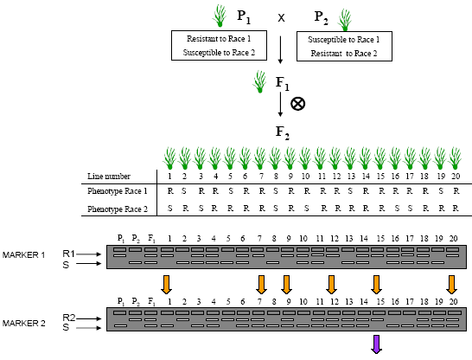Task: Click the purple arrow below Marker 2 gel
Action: pyautogui.click(x=376, y=344)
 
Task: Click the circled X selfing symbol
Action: pyautogui.click(x=297, y=104)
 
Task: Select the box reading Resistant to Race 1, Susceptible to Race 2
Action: pyautogui.click(x=219, y=45)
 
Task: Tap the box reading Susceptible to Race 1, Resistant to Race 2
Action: pyautogui.click(x=344, y=47)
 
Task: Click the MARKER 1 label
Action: pyautogui.click(x=24, y=255)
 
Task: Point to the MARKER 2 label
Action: pyautogui.click(x=24, y=324)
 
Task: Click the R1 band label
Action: pyautogui.click(x=68, y=254)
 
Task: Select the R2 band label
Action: pyautogui.click(x=69, y=318)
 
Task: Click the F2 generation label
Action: pyautogui.click(x=283, y=133)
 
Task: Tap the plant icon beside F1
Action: pyautogui.click(x=259, y=81)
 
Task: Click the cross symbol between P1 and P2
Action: pyautogui.click(x=281, y=18)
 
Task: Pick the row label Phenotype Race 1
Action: pyautogui.click(x=118, y=191)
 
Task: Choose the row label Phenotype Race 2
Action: pyautogui.click(x=118, y=209)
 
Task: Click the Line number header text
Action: pyautogui.click(x=109, y=177)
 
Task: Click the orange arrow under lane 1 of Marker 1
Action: pyautogui.click(x=167, y=285)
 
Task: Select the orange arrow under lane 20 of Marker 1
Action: pyautogui.click(x=451, y=285)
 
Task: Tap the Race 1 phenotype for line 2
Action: pyautogui.click(x=184, y=191)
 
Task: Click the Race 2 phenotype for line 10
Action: pyautogui.click(x=306, y=209)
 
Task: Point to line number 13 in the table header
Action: pyautogui.click(x=351, y=176)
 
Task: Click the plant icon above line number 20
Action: pyautogui.click(x=455, y=158)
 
